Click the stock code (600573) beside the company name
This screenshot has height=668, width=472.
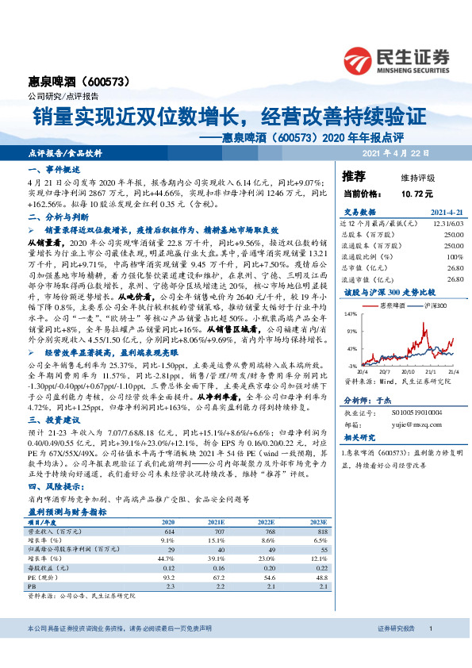(105, 82)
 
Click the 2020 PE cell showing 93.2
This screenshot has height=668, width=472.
(168, 579)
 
